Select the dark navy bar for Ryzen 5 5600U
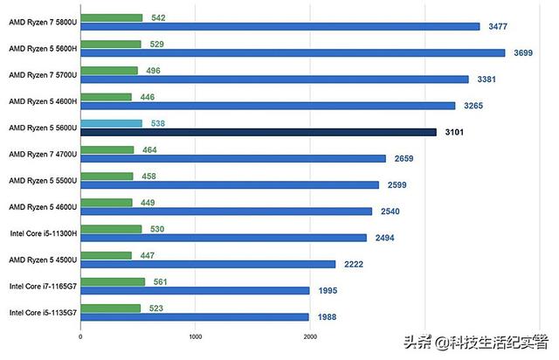click(259, 133)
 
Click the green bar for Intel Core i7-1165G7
click(113, 281)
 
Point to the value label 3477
click(500, 27)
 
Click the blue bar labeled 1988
click(195, 317)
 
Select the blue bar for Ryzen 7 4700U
click(233, 159)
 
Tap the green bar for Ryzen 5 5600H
click(110, 44)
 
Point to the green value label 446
click(149, 97)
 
